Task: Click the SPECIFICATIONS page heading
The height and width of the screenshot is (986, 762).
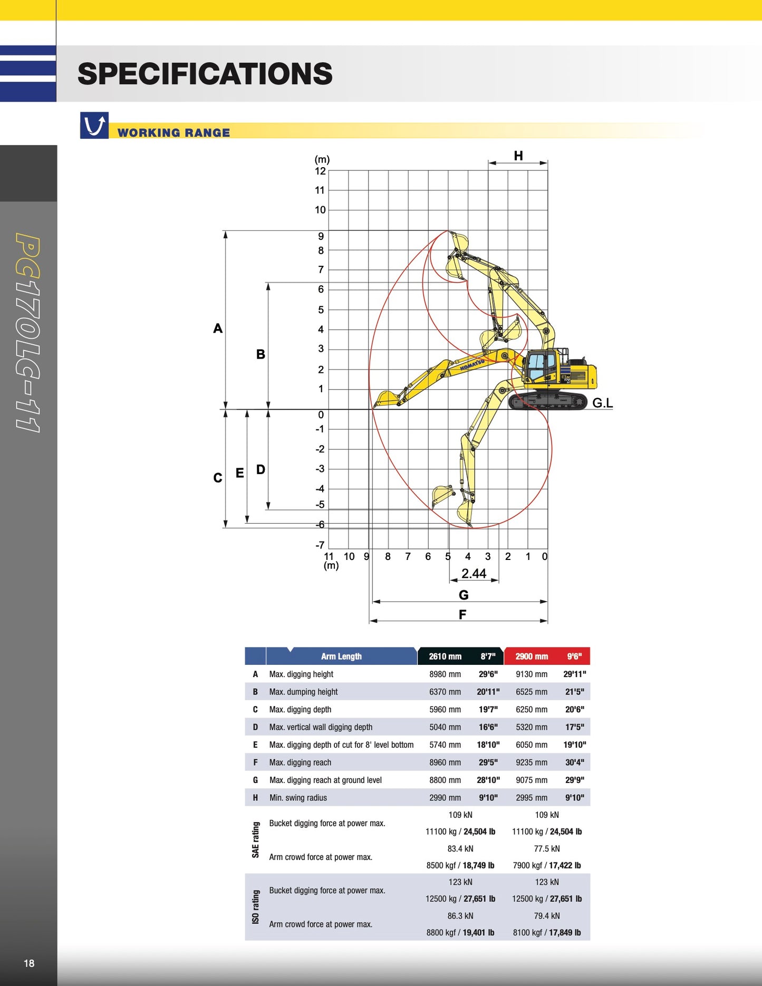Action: point(205,74)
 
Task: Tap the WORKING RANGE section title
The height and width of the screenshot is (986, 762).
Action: point(173,133)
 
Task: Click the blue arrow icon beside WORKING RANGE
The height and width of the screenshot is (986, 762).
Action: point(94,125)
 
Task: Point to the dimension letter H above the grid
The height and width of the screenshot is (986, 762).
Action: point(518,156)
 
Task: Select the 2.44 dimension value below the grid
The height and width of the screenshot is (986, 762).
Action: point(474,574)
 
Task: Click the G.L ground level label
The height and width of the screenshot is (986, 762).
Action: point(602,403)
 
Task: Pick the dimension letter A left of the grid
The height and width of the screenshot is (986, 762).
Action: point(218,328)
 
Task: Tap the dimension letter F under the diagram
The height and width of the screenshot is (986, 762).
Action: point(462,615)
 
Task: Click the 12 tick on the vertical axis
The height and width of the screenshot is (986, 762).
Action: point(320,171)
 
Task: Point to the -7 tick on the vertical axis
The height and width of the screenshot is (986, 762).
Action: point(320,545)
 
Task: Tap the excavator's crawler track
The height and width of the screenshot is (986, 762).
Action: point(548,401)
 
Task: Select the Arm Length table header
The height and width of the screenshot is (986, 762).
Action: point(341,656)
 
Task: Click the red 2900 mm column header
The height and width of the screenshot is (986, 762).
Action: point(532,656)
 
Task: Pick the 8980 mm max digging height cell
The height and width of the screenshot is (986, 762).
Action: point(445,674)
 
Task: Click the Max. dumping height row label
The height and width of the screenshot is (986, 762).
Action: point(303,692)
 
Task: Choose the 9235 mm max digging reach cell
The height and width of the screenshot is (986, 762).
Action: point(532,762)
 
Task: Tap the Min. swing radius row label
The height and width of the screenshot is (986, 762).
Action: point(298,798)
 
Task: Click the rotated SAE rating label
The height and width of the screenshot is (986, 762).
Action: point(256,840)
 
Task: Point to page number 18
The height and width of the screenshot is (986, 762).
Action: point(29,963)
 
